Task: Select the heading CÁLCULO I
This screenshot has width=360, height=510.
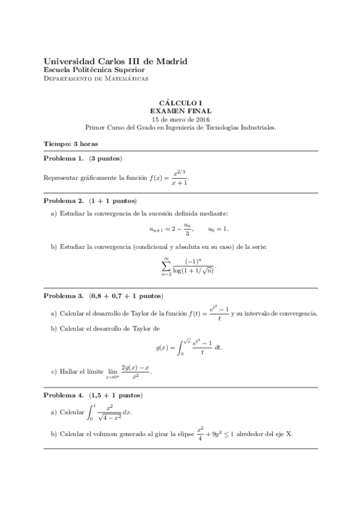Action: click(x=180, y=103)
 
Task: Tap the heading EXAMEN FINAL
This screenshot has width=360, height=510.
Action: click(x=180, y=111)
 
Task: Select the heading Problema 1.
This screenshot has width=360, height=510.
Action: click(x=64, y=159)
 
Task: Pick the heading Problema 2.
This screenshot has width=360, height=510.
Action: click(x=64, y=200)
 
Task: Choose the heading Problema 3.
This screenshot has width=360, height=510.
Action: click(x=64, y=296)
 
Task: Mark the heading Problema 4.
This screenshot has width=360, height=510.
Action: click(x=64, y=396)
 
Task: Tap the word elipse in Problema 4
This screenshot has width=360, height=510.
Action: click(x=182, y=435)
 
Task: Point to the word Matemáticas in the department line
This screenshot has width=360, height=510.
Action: click(x=125, y=79)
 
